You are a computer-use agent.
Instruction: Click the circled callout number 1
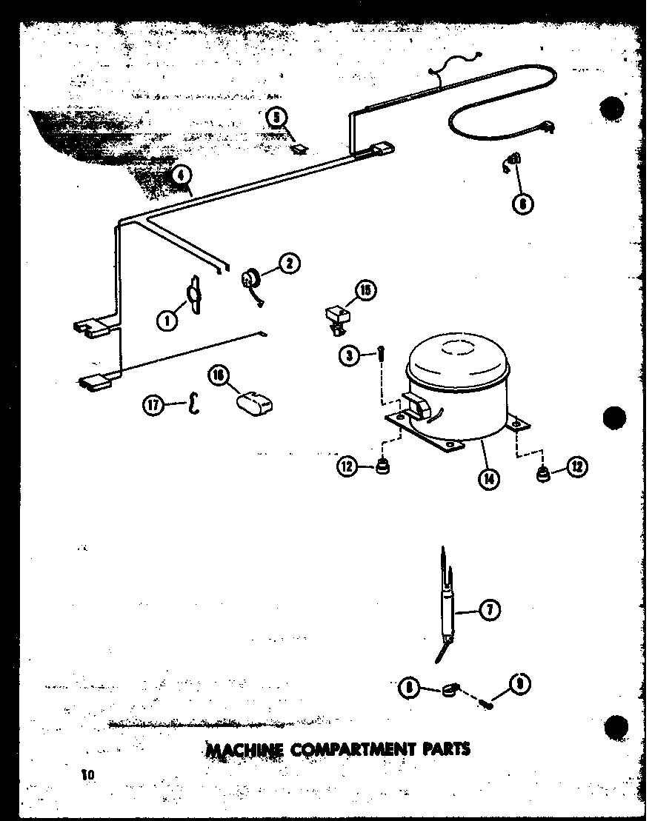tap(167, 320)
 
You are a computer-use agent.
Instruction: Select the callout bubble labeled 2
tap(290, 263)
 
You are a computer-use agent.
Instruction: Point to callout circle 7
tap(490, 610)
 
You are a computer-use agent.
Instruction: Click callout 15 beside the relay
tap(365, 291)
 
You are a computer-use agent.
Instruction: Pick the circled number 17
tap(154, 404)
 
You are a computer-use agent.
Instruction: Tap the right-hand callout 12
tap(577, 466)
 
